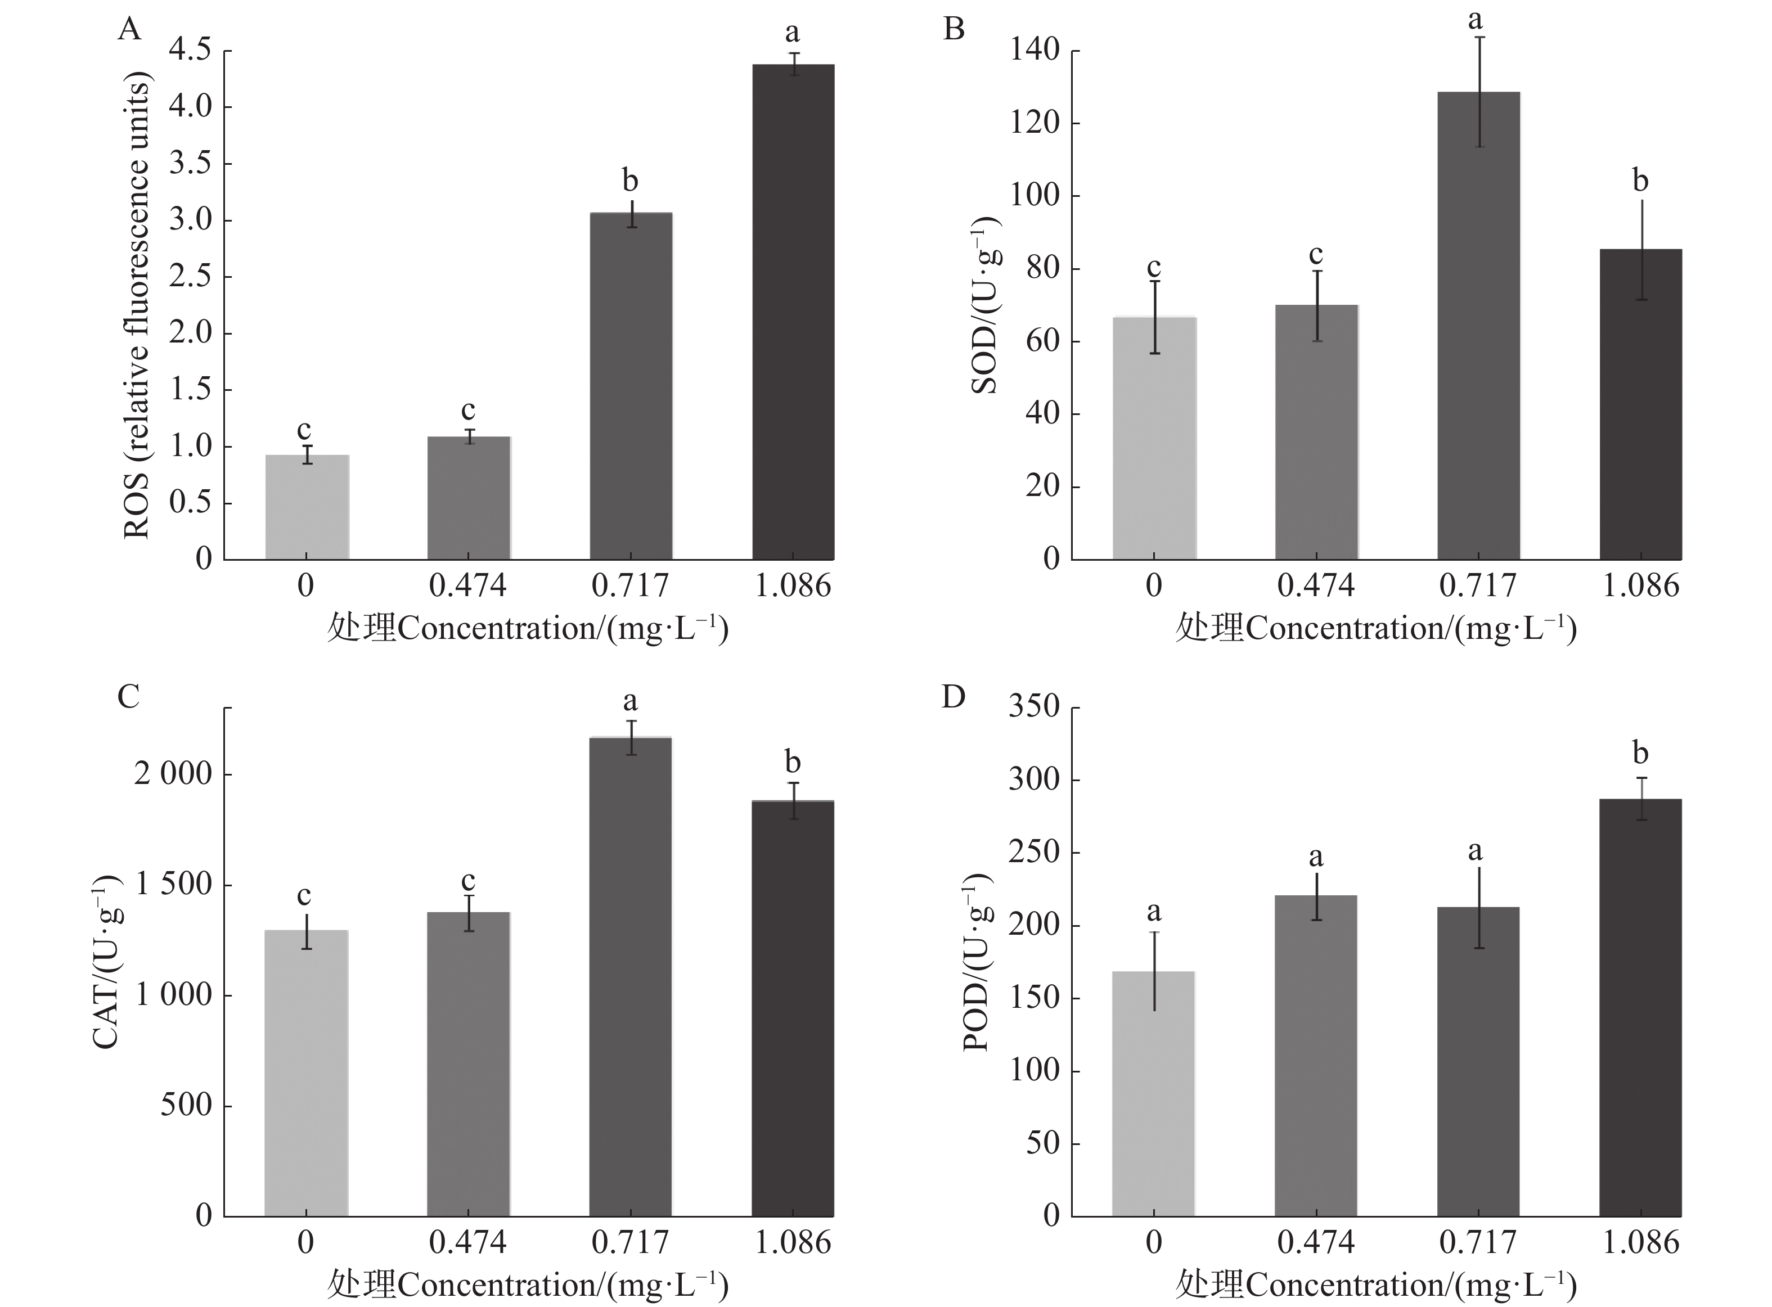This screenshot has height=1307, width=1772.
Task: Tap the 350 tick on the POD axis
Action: coord(1033,706)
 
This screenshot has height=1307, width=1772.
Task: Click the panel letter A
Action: coord(129,30)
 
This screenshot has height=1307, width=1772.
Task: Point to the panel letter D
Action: coord(953,697)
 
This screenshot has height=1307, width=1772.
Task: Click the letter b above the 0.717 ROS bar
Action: coord(630,181)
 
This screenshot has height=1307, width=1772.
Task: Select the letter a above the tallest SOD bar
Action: coord(1474,20)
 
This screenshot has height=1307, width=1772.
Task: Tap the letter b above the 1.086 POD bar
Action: coord(1640,752)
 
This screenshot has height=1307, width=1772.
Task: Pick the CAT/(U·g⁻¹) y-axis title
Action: coord(107,961)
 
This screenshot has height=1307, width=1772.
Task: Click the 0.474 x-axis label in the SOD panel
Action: coord(1315,586)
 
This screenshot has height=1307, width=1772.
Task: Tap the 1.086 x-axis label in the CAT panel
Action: coord(793,1242)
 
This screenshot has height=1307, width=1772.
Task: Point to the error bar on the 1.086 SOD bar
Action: coord(1641,249)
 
